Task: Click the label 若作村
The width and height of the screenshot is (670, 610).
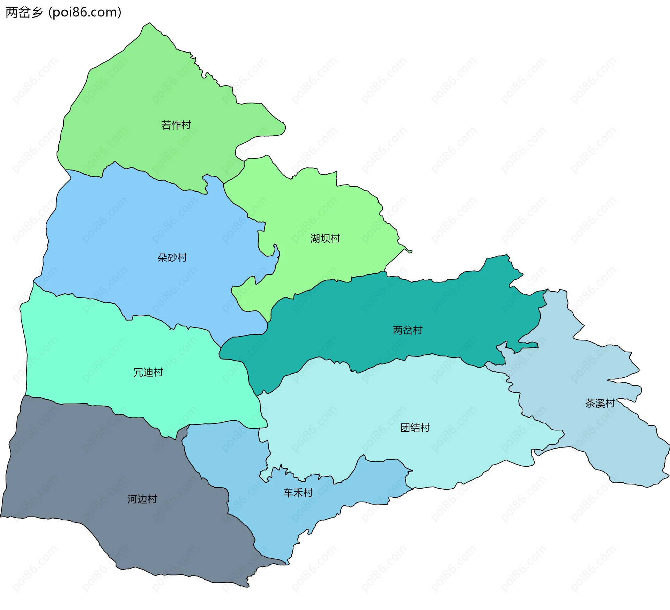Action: [176, 125]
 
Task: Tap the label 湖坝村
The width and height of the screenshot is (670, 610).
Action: [325, 239]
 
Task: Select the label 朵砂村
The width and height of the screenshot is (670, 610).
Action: [172, 258]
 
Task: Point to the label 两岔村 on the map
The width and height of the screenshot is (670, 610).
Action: [407, 330]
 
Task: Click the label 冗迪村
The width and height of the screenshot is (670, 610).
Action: [148, 372]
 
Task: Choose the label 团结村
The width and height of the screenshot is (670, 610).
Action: [415, 428]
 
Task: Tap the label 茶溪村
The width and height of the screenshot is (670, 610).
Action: [600, 404]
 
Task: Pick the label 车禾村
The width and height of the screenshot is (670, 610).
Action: [298, 493]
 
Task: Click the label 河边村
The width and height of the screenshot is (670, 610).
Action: [142, 499]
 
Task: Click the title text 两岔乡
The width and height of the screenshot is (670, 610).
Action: [24, 12]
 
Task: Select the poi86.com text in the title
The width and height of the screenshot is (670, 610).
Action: [85, 12]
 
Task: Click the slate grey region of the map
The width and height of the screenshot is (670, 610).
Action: [105, 471]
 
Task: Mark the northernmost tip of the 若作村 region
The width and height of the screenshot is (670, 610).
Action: [150, 23]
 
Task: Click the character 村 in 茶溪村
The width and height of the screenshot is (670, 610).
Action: [610, 404]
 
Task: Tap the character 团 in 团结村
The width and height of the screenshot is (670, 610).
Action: [405, 428]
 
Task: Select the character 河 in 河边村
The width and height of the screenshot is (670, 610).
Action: [132, 499]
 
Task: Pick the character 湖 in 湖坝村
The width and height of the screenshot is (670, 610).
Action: [315, 239]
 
